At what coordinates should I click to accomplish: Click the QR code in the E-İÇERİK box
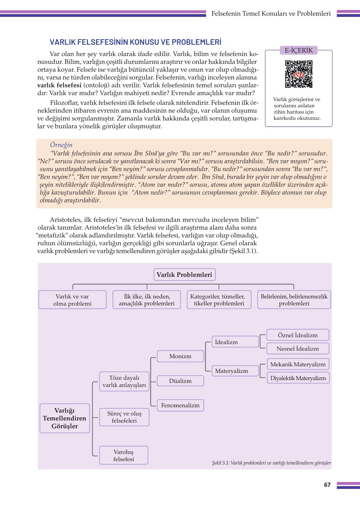(299, 74)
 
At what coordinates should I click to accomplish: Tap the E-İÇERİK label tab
(299, 50)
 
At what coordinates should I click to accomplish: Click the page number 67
(327, 485)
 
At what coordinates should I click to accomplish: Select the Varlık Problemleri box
(185, 275)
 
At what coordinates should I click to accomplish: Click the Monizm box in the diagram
(180, 356)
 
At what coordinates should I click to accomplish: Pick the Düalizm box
(180, 381)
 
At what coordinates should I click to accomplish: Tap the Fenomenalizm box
(180, 405)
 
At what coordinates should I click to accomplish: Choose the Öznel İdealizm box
(297, 335)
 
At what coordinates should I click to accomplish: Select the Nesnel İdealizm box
(297, 348)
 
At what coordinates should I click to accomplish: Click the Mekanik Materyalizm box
(298, 364)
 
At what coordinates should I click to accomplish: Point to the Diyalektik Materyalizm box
(298, 378)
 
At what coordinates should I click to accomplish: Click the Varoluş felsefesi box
(124, 455)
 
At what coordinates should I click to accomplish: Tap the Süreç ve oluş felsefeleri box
(124, 417)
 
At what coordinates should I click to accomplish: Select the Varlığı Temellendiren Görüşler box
(64, 418)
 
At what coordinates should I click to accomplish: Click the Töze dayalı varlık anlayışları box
(124, 381)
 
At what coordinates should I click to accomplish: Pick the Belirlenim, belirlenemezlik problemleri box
(294, 300)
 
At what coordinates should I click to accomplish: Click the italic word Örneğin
(61, 145)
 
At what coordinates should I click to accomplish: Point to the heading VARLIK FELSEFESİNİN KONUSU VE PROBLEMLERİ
(135, 42)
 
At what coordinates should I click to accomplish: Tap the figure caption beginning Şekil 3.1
(271, 463)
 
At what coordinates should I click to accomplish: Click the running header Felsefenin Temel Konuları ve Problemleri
(271, 14)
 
